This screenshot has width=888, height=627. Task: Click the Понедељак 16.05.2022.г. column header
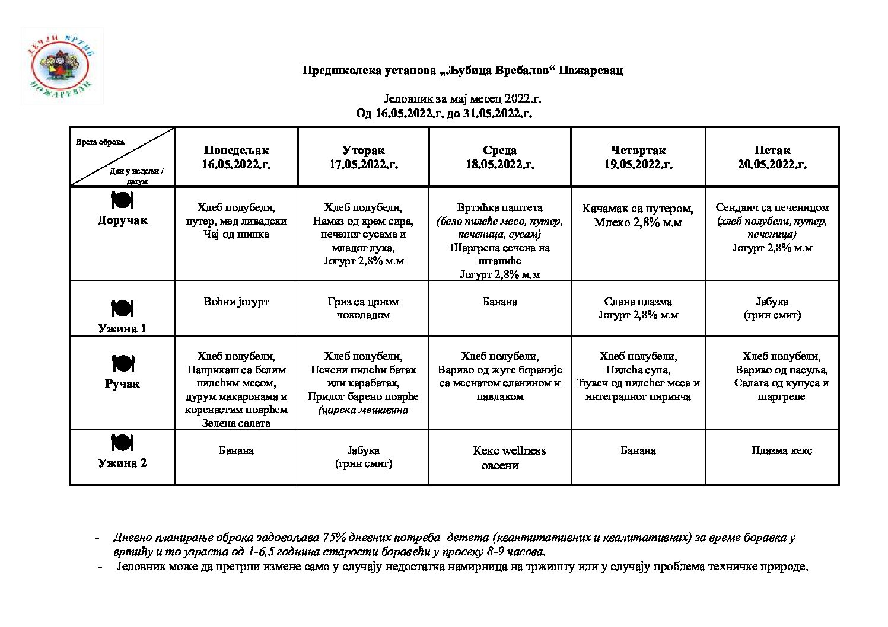[236, 157]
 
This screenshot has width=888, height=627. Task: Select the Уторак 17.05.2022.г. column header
[363, 157]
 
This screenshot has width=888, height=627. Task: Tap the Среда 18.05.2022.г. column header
[499, 157]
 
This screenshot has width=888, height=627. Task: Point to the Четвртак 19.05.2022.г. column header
[638, 157]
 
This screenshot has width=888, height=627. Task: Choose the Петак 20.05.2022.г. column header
[772, 157]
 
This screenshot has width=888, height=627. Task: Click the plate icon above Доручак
[122, 200]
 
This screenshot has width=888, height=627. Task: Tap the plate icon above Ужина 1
[122, 308]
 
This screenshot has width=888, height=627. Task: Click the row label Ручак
[122, 383]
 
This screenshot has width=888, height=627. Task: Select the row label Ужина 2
[122, 463]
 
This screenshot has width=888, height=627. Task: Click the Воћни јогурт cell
[236, 302]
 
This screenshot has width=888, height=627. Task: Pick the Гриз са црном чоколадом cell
[363, 308]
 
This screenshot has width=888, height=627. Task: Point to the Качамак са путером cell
[638, 215]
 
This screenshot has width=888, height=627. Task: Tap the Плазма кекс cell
[781, 450]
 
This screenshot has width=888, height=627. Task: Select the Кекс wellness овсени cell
[508, 458]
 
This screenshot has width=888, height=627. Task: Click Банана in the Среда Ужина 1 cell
[499, 302]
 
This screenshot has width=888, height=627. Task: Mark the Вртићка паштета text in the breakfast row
[499, 207]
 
